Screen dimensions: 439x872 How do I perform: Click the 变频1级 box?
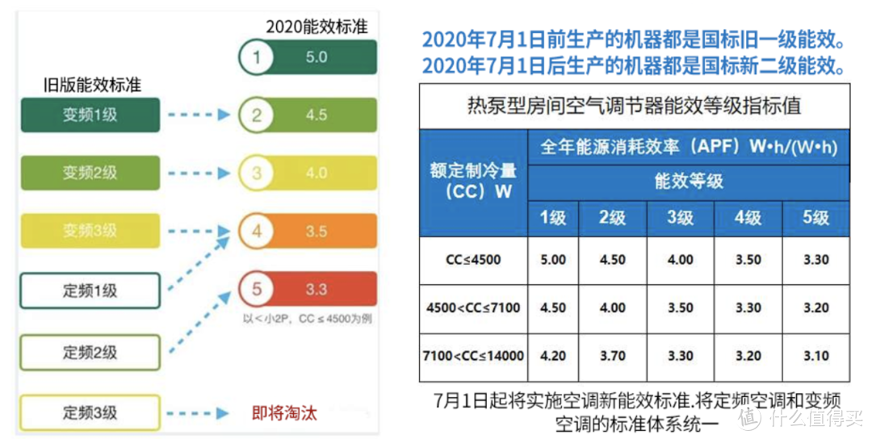tap(90, 115)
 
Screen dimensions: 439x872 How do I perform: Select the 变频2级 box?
tap(90, 173)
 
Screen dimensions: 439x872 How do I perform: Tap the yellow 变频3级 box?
tap(90, 231)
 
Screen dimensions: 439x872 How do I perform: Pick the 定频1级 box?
tap(90, 291)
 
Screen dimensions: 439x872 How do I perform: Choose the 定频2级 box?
tap(90, 352)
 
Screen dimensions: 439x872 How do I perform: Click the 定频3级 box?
tap(90, 412)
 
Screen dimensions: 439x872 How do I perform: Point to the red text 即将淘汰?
tap(284, 413)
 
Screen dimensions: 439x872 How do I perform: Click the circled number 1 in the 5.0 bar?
tap(258, 57)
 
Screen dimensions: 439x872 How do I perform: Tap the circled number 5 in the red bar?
tap(258, 290)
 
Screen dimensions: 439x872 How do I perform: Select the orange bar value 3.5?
tap(317, 232)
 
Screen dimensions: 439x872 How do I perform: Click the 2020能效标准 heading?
tap(317, 27)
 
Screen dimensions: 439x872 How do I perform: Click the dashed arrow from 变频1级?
tap(199, 115)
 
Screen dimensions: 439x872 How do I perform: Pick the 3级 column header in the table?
tap(681, 218)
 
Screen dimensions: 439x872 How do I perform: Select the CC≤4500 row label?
tap(473, 260)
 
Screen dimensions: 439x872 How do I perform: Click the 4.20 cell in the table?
tap(553, 354)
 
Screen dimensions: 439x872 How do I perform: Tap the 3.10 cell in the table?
tap(815, 354)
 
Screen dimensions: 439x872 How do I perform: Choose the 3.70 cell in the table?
tap(613, 354)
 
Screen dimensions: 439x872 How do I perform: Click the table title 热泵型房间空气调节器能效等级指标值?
tap(634, 105)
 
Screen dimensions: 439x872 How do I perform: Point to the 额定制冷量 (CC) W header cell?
tap(473, 182)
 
